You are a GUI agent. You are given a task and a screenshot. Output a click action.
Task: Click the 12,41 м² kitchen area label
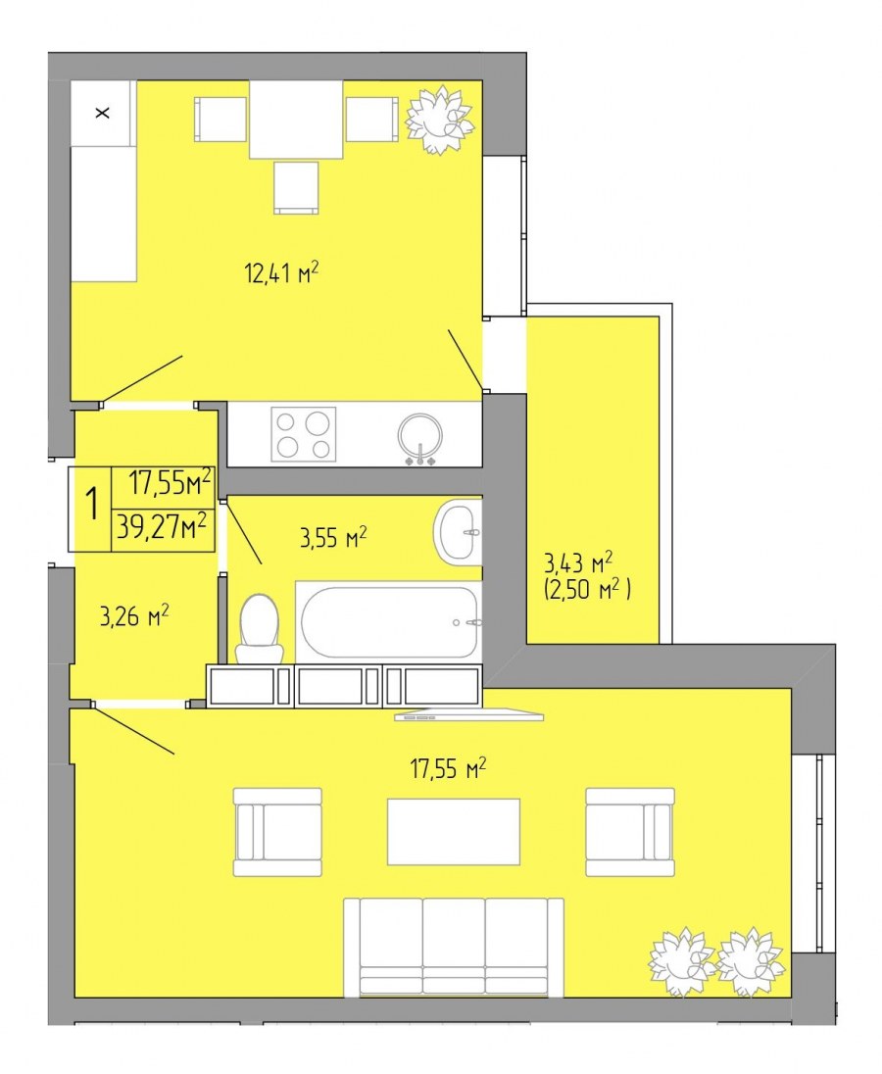(281, 272)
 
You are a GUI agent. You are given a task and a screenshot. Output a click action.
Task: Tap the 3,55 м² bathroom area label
(333, 537)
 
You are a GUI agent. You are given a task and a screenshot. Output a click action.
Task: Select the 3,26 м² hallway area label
(134, 615)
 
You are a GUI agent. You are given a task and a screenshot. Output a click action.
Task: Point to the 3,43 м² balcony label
(578, 562)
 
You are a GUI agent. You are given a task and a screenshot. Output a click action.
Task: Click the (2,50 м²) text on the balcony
(588, 588)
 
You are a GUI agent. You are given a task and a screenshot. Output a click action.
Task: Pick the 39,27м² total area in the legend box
(162, 527)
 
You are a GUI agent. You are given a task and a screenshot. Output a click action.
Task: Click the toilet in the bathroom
(260, 628)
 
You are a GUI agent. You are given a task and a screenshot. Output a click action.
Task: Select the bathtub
(389, 622)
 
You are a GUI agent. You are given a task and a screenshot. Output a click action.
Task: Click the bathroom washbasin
(458, 532)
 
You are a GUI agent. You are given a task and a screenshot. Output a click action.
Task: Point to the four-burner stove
(304, 434)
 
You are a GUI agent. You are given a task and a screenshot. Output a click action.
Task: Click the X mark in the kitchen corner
(103, 113)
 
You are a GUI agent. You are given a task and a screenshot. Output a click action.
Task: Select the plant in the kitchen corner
(439, 120)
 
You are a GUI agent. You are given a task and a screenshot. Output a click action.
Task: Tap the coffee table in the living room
(454, 832)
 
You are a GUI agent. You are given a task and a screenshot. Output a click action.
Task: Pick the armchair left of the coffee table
(277, 832)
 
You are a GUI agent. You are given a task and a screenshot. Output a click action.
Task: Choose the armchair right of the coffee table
(630, 832)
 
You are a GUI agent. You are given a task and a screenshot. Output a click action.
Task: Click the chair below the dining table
(296, 188)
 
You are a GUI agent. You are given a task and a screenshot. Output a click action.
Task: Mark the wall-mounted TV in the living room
(469, 715)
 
